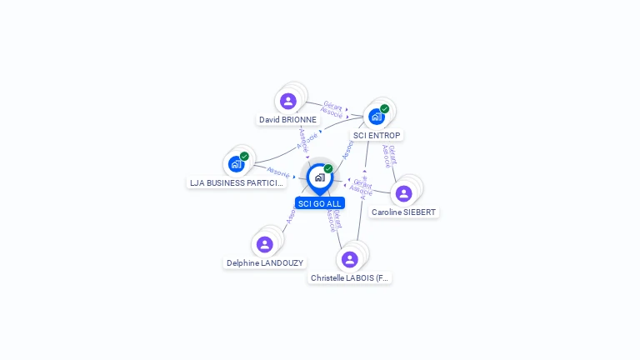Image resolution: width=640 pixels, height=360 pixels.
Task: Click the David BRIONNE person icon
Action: (x=288, y=102)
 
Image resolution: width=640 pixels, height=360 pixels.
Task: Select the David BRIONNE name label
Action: (x=287, y=120)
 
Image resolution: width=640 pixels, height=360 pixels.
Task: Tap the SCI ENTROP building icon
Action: (x=376, y=117)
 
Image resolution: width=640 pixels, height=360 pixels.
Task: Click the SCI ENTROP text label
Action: (x=377, y=135)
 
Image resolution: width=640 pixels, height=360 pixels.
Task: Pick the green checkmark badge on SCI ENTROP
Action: (x=384, y=108)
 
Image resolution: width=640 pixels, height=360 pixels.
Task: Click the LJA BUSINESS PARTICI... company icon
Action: (x=236, y=164)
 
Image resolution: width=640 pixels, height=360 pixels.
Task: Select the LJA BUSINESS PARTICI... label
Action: (x=237, y=182)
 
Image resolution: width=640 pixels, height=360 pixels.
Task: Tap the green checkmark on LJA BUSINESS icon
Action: (x=244, y=156)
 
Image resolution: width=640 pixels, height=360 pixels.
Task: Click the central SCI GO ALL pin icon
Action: (x=319, y=177)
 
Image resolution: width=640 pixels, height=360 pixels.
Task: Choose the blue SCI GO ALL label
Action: (x=319, y=203)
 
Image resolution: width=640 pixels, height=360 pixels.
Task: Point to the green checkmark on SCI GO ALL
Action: (x=328, y=168)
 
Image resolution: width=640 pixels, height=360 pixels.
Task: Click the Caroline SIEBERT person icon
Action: (x=404, y=193)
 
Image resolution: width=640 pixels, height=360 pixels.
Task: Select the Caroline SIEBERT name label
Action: (x=403, y=212)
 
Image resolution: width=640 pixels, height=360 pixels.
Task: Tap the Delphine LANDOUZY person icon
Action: (x=265, y=244)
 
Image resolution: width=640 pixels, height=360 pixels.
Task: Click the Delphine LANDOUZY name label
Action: (x=265, y=262)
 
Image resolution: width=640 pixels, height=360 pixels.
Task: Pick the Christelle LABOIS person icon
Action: (x=350, y=259)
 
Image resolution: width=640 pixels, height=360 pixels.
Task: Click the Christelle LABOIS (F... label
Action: (x=350, y=277)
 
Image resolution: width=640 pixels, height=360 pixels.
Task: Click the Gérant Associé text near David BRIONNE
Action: (x=332, y=108)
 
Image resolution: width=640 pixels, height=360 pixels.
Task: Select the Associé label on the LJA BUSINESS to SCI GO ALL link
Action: (x=277, y=172)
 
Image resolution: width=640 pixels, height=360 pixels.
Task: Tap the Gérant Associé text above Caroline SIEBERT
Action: (x=388, y=156)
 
